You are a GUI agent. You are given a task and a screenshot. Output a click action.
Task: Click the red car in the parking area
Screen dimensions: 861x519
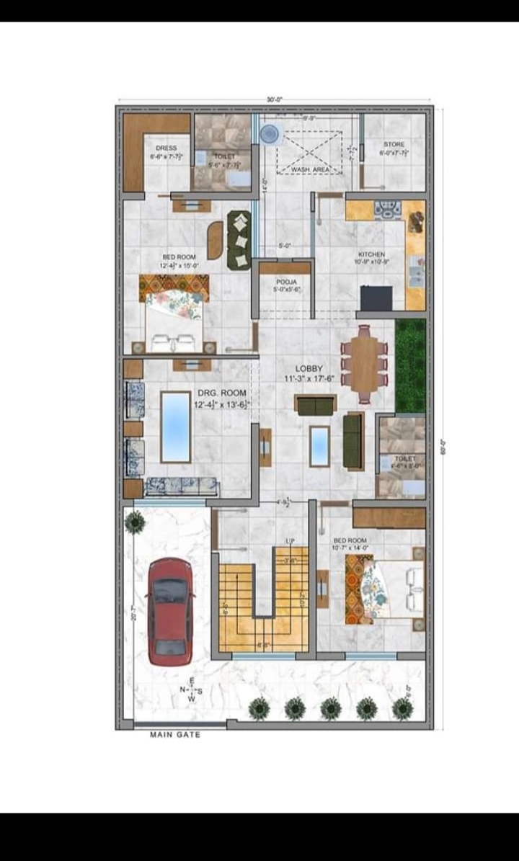click(170, 611)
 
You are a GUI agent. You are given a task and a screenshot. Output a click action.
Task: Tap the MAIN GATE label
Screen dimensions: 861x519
click(175, 735)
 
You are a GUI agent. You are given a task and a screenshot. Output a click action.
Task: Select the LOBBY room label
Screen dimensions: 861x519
click(309, 368)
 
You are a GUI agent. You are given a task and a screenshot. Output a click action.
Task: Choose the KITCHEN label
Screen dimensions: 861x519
click(371, 254)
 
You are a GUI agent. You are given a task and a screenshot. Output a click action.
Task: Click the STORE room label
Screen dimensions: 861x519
click(394, 144)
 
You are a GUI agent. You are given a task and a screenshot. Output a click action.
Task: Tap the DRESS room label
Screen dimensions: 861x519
click(166, 148)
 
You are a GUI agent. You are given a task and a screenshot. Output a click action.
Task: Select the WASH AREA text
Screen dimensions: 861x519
click(311, 169)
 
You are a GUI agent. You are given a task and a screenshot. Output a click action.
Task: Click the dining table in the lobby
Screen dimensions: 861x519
click(365, 364)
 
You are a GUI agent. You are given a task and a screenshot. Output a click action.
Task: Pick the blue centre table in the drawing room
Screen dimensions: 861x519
click(176, 426)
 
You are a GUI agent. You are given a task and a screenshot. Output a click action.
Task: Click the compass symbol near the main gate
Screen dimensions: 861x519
click(191, 690)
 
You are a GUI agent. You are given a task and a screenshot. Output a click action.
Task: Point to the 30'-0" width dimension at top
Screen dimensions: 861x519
click(274, 99)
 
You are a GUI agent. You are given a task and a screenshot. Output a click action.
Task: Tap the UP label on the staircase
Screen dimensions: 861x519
click(290, 540)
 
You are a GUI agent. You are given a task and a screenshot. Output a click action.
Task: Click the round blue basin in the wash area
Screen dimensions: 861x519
click(270, 133)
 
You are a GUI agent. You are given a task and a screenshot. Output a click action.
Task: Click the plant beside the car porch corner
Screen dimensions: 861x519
click(134, 521)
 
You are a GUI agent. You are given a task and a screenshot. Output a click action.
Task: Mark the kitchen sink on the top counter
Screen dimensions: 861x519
click(387, 209)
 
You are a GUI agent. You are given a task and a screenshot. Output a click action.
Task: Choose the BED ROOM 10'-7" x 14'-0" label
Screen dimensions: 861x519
click(350, 544)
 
